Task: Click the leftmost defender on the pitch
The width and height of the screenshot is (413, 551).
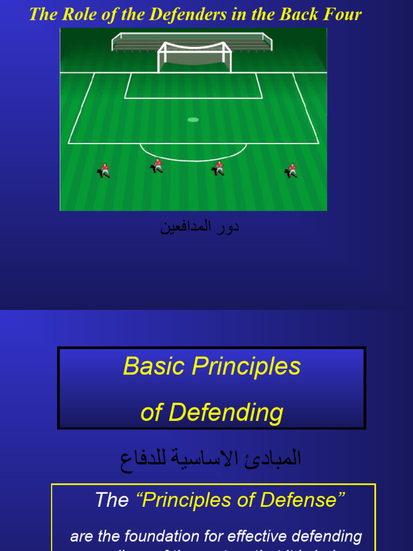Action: [x=104, y=170]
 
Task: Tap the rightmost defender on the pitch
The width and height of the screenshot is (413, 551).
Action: [x=291, y=170]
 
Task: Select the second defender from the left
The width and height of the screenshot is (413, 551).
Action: [x=157, y=166]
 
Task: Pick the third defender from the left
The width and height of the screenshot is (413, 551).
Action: [x=219, y=168]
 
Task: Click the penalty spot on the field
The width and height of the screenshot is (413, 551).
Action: [x=193, y=119]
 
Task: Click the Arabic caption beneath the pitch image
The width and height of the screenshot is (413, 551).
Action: [x=200, y=227]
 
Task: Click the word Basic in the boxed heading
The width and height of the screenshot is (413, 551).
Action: [x=154, y=366]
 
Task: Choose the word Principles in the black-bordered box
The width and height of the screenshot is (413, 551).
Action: [x=246, y=366]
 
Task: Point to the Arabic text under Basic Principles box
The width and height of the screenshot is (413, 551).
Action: [x=210, y=459]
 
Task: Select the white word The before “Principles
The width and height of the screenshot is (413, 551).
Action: [x=112, y=500]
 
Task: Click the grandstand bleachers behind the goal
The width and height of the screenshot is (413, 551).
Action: [x=192, y=40]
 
